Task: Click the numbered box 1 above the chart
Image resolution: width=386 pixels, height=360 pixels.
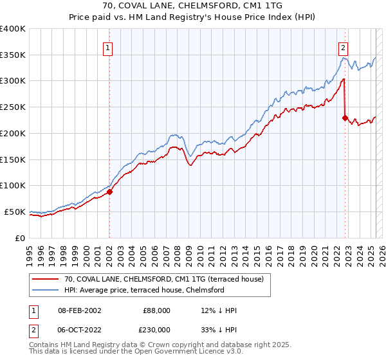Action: pyautogui.click(x=107, y=47)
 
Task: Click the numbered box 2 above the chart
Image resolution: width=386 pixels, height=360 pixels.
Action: pyautogui.click(x=344, y=47)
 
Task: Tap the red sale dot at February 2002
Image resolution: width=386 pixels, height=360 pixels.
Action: pyautogui.click(x=109, y=191)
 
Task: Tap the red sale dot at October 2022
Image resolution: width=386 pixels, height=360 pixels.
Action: pyautogui.click(x=345, y=118)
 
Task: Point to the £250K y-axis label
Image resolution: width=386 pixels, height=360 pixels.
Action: pyautogui.click(x=13, y=107)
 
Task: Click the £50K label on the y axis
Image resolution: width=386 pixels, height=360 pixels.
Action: pyautogui.click(x=15, y=212)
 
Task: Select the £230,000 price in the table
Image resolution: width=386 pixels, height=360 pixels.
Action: pyautogui.click(x=156, y=328)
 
